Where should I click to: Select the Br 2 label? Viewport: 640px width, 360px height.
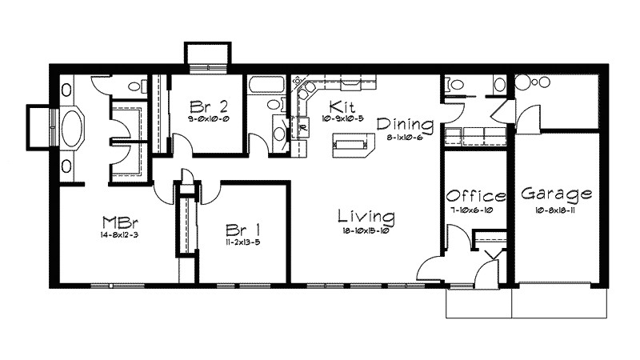206,106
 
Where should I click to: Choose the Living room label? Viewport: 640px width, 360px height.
366,216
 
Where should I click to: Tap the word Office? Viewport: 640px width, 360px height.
476,197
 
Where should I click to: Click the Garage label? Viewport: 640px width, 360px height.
556,194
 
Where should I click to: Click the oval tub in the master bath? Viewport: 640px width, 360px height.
74,126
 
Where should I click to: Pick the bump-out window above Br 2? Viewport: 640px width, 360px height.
207,55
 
